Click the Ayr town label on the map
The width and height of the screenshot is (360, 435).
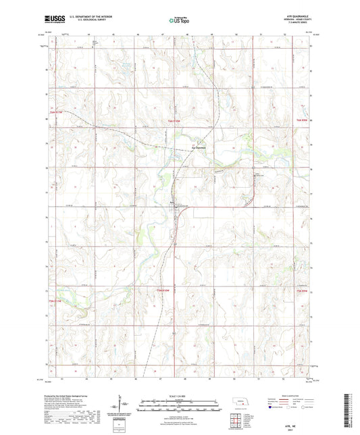pyautogui.click(x=172, y=201)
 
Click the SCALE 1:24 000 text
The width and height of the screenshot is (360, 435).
pyautogui.click(x=180, y=395)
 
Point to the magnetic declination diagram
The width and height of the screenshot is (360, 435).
pyautogui.click(x=123, y=406)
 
